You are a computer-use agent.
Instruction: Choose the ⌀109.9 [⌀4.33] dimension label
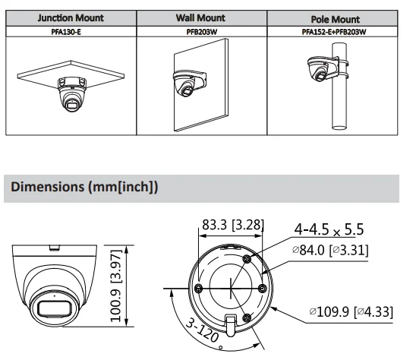(356, 311)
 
